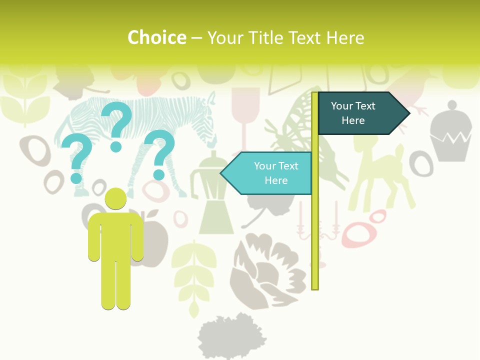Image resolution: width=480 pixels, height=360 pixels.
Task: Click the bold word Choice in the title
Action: point(156,37)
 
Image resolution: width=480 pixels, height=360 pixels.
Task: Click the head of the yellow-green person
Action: point(116,198)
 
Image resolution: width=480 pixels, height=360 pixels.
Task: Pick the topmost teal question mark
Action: point(116,125)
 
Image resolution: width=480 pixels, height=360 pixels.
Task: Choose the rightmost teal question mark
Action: point(159,153)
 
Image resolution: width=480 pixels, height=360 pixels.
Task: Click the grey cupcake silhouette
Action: point(451,132)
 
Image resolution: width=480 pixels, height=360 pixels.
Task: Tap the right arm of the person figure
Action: point(137,240)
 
